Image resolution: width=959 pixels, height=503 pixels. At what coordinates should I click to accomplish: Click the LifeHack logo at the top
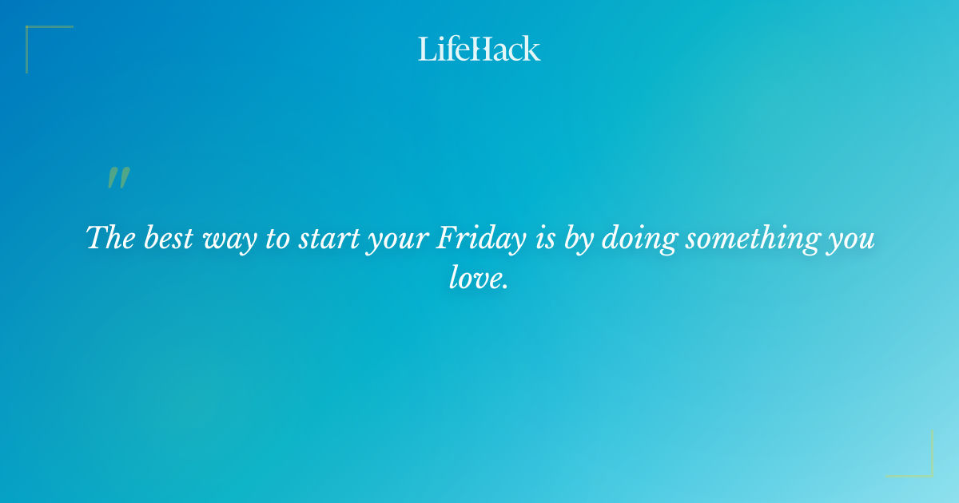(479, 49)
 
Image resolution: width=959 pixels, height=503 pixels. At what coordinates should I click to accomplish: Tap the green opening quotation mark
(118, 179)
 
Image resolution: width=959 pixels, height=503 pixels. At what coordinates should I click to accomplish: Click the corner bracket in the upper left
(32, 33)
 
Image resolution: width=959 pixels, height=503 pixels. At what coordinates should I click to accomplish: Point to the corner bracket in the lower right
(927, 471)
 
